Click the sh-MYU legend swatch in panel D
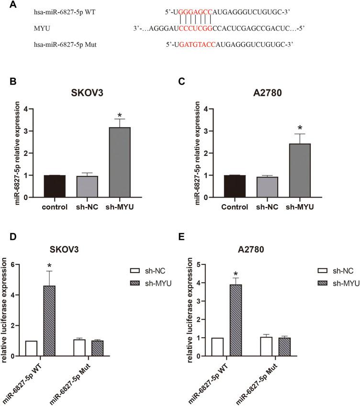141,285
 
